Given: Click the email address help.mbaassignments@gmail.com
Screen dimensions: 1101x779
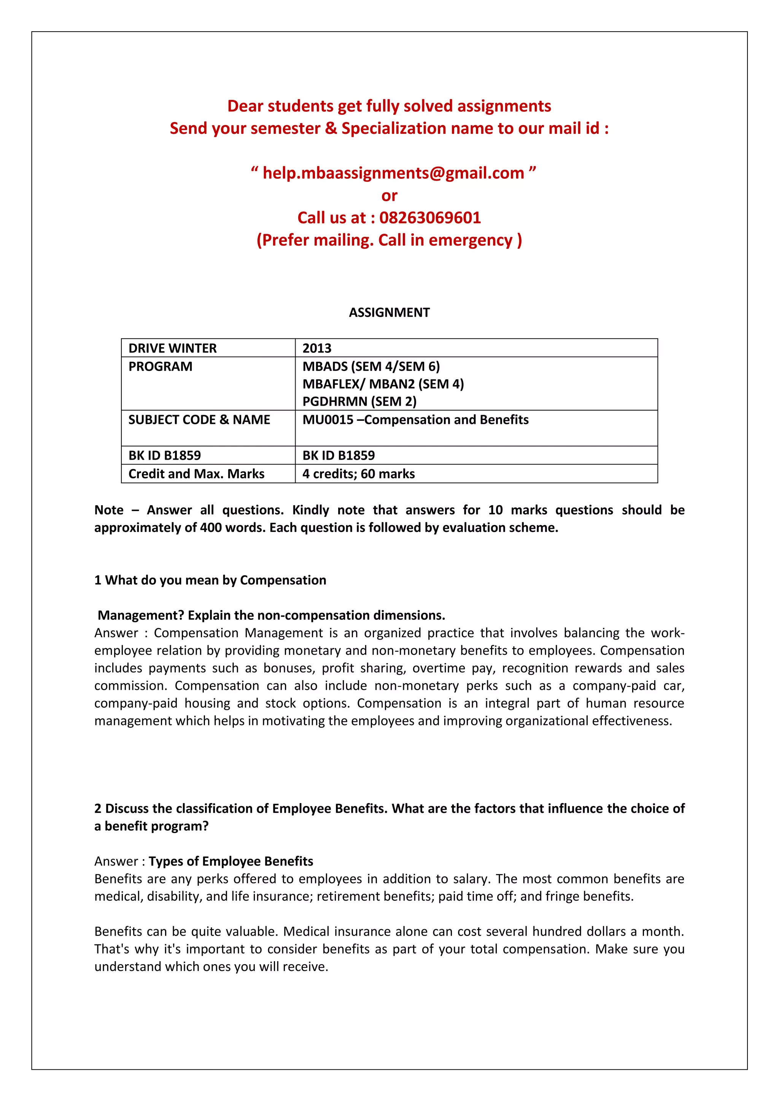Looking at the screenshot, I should [x=393, y=173].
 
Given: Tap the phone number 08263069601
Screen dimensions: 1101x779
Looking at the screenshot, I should [x=430, y=218].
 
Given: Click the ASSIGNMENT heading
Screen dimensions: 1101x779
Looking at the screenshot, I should [x=389, y=312].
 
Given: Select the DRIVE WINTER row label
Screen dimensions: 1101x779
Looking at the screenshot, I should [x=173, y=348].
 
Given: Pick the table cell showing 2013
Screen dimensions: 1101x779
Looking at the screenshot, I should [x=317, y=348].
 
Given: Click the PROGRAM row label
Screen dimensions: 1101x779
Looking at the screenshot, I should [x=160, y=366].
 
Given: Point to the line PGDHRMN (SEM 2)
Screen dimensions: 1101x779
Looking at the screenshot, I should [x=359, y=401].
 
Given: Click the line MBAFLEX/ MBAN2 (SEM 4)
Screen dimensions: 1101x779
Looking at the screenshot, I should [x=383, y=384].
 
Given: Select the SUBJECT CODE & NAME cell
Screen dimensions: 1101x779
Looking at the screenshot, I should [x=199, y=420].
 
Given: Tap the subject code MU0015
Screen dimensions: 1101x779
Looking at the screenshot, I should [x=327, y=420].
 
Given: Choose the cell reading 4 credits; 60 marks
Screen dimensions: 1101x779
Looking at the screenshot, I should [x=358, y=474].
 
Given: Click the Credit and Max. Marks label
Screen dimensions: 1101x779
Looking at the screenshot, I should [x=196, y=474].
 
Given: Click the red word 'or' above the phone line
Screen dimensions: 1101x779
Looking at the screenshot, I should [x=389, y=196].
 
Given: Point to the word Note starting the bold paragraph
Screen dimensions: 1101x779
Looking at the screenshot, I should [x=109, y=510].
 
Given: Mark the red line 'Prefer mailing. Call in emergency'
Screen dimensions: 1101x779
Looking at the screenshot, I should [x=389, y=240].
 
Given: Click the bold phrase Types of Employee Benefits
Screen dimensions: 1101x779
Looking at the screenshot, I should [x=231, y=861].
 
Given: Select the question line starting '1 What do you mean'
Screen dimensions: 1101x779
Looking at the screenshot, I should [x=210, y=580].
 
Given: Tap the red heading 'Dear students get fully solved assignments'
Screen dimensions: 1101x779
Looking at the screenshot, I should [x=389, y=106].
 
